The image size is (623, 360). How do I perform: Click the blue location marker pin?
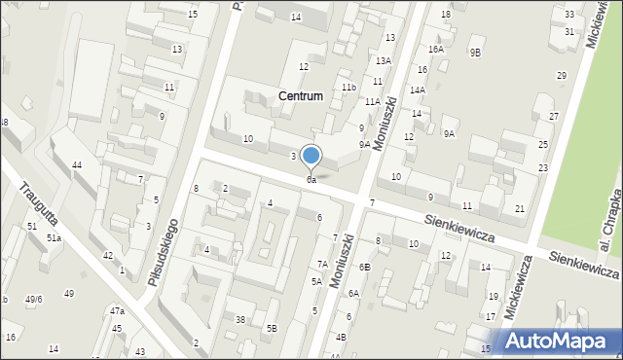[311, 156]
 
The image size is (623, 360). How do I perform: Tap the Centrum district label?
[300, 96]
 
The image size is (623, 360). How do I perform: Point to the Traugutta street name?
[38, 202]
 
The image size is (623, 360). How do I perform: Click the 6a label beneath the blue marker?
[311, 180]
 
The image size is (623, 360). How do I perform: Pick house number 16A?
[435, 49]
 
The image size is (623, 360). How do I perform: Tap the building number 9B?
[475, 53]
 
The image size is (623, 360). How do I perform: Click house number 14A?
[417, 90]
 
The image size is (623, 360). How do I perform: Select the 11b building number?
[348, 88]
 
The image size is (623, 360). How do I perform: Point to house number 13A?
[384, 60]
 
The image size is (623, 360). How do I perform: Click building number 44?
[76, 165]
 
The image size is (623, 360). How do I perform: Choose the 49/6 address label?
[34, 299]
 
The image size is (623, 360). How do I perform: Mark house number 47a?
[117, 310]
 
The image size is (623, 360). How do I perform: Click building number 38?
[239, 320]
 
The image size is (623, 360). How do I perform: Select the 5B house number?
[273, 328]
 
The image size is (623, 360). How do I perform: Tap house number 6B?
[364, 267]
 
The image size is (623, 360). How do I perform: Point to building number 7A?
[321, 264]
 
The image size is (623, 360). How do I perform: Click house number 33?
[569, 14]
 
